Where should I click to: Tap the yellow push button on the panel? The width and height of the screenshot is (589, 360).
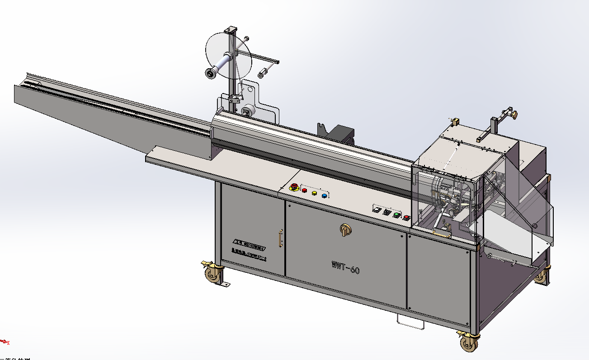[314, 193]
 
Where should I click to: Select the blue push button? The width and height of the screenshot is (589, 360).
[324, 196]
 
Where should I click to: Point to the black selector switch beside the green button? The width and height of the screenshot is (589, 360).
[387, 212]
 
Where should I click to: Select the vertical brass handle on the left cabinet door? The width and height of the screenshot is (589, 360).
[281, 238]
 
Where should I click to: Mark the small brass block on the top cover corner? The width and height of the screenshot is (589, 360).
[456, 122]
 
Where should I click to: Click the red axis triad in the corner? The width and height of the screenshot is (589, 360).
[5, 341]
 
